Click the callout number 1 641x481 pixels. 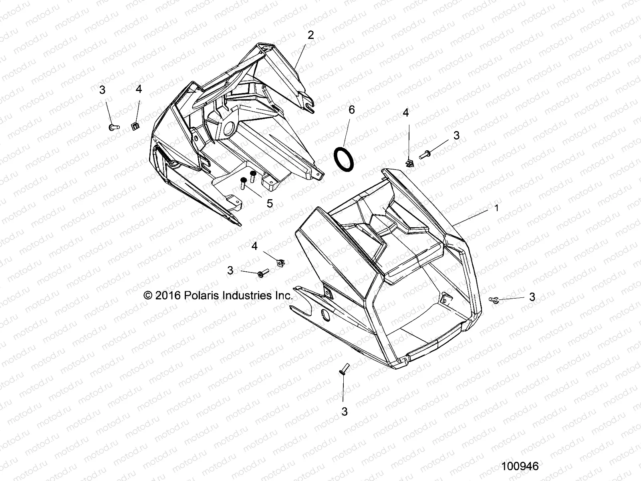point(497,208)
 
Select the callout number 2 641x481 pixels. point(310,35)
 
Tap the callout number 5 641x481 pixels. point(270,203)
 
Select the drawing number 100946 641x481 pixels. point(520,466)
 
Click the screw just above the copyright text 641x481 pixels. point(263,273)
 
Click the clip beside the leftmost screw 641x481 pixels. point(135,126)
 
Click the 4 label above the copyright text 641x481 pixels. point(255,246)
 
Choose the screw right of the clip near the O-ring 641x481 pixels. point(425,154)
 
